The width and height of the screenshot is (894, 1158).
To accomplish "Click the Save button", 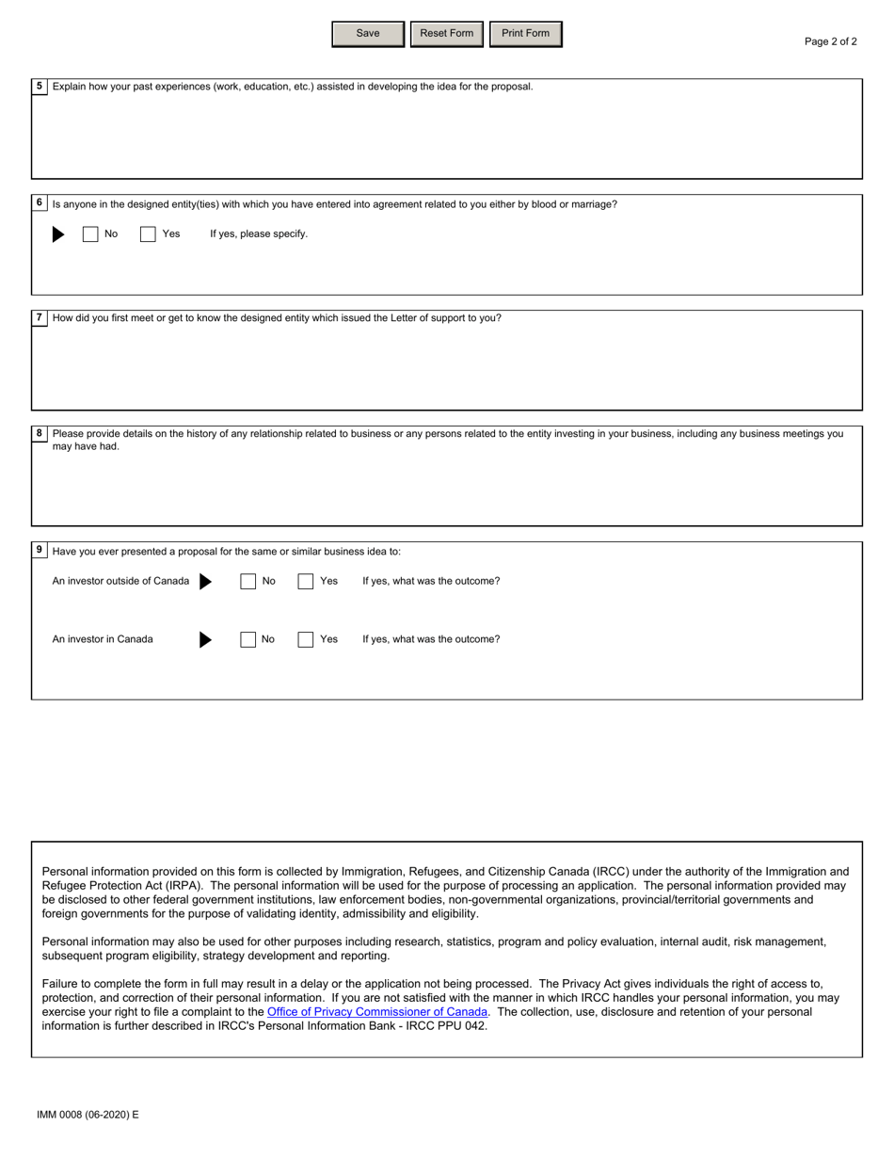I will [368, 34].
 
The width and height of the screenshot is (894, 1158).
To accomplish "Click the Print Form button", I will [525, 34].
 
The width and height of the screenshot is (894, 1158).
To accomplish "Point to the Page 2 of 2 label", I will [830, 41].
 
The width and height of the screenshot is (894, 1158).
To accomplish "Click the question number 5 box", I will [40, 87].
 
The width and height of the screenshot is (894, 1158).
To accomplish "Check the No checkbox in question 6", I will [90, 234].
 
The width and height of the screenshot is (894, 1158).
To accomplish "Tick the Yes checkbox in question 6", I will [148, 234].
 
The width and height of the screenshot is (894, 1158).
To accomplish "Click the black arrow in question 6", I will [58, 234].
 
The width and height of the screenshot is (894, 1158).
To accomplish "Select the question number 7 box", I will [40, 318].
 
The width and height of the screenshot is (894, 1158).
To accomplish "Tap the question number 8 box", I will [40, 434].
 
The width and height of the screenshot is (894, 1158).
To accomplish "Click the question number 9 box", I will [40, 551].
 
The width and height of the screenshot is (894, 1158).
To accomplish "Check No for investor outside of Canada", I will [248, 582].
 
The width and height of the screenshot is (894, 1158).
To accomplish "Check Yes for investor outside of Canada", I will [306, 582].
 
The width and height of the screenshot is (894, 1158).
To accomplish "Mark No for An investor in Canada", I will [248, 640].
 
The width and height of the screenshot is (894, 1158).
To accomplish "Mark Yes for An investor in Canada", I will [306, 640].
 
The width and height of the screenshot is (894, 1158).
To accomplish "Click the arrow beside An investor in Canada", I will [205, 640].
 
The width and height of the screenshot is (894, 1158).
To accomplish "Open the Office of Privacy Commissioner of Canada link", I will [377, 1012].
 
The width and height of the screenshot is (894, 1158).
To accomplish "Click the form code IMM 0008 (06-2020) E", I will [88, 1115].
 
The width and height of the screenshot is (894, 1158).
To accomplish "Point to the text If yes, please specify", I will [259, 234].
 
